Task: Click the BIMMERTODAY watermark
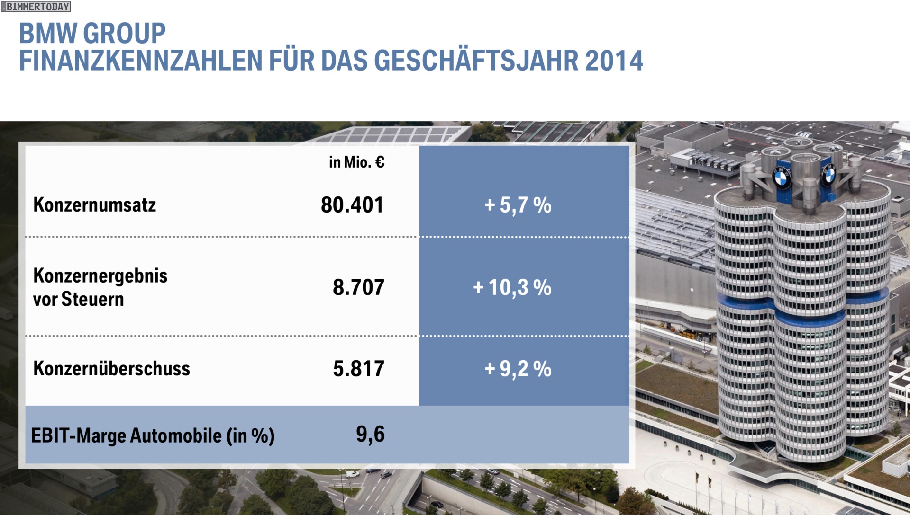click(x=36, y=7)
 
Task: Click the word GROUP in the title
click(x=125, y=33)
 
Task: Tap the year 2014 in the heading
click(x=614, y=61)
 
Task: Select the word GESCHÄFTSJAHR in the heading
click(x=476, y=61)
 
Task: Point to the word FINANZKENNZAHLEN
click(x=141, y=61)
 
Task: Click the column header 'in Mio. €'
click(x=356, y=162)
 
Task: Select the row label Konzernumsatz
click(x=94, y=205)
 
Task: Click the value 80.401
click(x=352, y=205)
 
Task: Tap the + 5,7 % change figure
click(x=518, y=205)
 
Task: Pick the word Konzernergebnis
click(x=100, y=275)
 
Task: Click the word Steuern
click(x=92, y=299)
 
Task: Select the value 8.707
click(x=358, y=287)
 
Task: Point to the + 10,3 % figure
click(x=512, y=287)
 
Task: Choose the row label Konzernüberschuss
click(x=111, y=369)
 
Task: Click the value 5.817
click(x=358, y=369)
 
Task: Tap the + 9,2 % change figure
click(x=518, y=369)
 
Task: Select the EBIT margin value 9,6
click(x=370, y=434)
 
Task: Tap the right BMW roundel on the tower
click(x=829, y=176)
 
